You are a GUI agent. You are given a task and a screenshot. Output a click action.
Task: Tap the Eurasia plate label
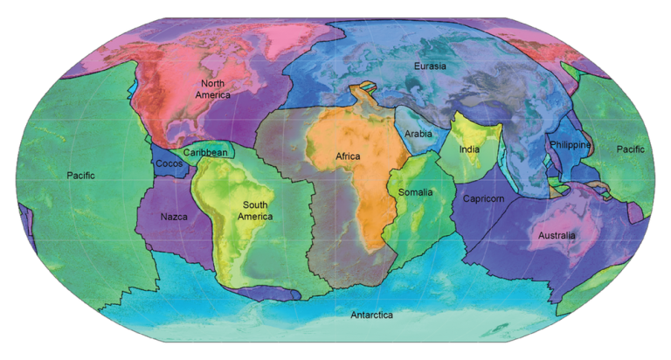(434, 66)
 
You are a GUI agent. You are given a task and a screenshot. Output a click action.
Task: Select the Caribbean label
(205, 153)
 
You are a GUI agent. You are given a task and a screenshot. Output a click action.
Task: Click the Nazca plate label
(175, 216)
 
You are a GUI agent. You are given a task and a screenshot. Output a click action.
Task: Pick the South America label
(255, 211)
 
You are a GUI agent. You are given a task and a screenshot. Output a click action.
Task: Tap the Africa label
(348, 156)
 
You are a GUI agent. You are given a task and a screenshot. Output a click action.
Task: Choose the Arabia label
(419, 135)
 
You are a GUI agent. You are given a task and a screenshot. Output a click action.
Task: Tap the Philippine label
(571, 144)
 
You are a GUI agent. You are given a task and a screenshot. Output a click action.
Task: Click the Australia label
(557, 235)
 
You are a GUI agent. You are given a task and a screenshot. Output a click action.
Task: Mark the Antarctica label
(371, 315)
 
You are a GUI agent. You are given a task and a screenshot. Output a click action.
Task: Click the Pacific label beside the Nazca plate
(80, 176)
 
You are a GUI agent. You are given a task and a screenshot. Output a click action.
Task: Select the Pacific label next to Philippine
(629, 149)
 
